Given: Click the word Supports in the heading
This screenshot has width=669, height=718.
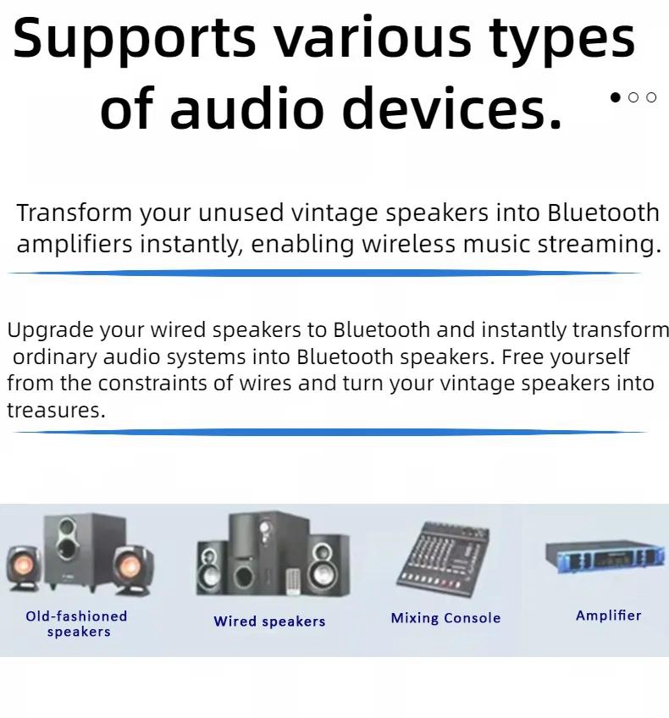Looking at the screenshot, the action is [134, 40].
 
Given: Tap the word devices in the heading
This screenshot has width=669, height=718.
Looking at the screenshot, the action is [451, 108].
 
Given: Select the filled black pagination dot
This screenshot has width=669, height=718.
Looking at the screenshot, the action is [616, 97].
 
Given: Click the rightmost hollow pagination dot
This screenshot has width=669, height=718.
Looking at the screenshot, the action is [651, 97].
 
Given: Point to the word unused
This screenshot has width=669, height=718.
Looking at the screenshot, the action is [241, 213].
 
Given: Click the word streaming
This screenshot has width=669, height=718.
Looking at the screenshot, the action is [600, 245].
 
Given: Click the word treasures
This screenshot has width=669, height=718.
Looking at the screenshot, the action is [56, 411].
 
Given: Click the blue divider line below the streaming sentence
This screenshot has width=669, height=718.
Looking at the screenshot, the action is [323, 273].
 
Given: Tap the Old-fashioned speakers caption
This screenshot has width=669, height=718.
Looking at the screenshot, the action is [77, 624].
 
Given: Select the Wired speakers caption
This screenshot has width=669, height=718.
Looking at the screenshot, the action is [269, 621].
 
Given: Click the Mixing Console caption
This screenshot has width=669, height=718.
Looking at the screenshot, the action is [445, 618].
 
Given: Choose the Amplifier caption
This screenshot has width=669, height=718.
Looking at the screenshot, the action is [609, 616].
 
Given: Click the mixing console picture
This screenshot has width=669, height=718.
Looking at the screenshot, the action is [443, 559].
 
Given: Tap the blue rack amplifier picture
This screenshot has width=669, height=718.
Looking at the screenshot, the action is [605, 556].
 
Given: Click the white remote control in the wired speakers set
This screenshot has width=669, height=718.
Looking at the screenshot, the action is [293, 581].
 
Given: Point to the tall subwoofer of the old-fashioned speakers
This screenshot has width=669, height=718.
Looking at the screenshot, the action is [84, 551].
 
